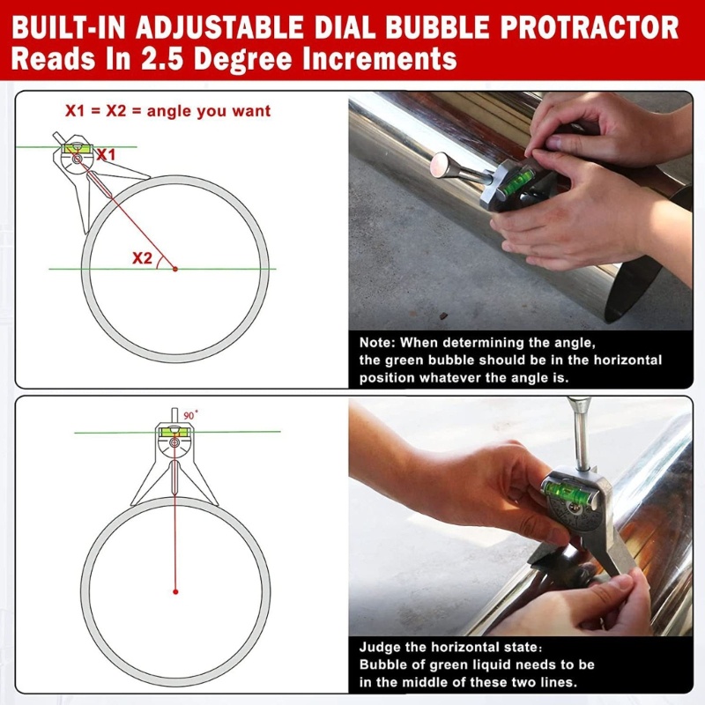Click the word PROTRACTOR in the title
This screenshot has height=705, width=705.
tap(590, 27)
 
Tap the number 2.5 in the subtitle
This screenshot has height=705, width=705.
tap(162, 59)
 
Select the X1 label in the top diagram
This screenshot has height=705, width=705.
tap(106, 155)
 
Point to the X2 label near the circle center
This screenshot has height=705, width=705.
tap(142, 258)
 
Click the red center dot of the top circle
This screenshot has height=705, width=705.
tap(175, 269)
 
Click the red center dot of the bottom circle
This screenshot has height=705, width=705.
tap(175, 591)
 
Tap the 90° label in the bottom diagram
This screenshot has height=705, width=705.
tap(190, 415)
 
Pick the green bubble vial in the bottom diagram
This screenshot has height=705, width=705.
tap(174, 432)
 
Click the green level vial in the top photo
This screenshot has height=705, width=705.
tap(516, 183)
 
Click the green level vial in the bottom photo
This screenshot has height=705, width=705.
tap(568, 493)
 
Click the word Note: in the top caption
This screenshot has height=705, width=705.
tap(377, 343)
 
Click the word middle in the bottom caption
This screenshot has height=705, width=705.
tap(427, 682)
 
